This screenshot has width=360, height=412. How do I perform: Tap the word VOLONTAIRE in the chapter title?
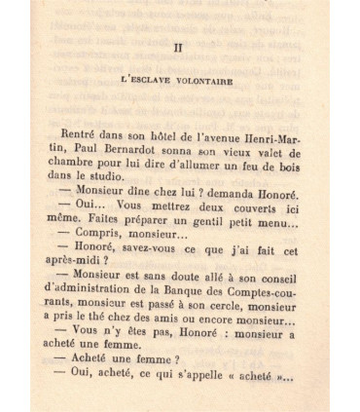coord(202,82)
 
